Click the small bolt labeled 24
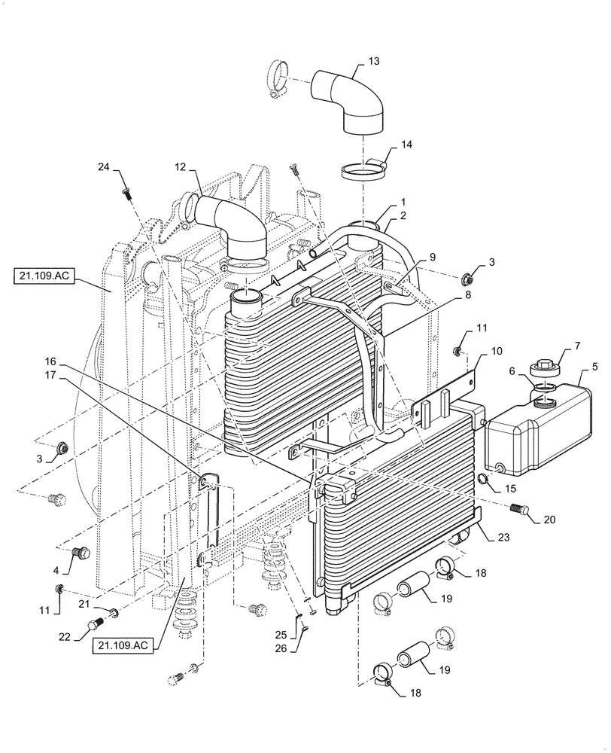coord(125,192)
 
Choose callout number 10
coord(497,351)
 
